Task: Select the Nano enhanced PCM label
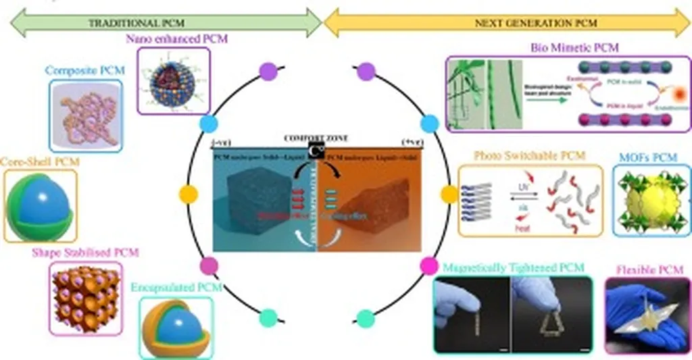[x=177, y=39]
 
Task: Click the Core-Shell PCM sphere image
[x=41, y=205]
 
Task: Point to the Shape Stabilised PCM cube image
[x=85, y=297]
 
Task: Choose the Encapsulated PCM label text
[x=177, y=287]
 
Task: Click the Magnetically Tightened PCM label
[x=513, y=268]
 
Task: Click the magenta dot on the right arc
[x=428, y=265]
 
